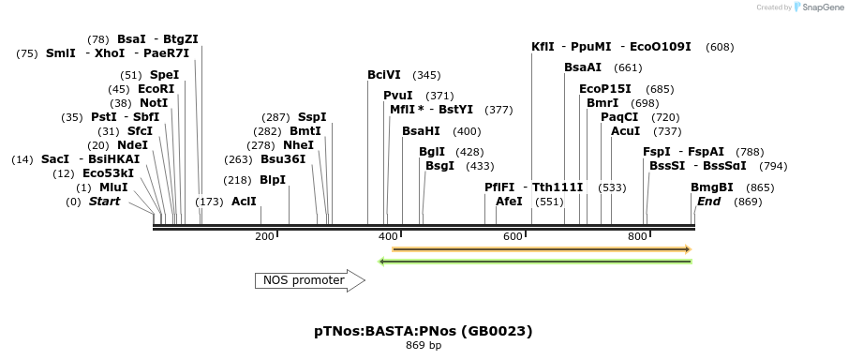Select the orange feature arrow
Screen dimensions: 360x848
click(542, 249)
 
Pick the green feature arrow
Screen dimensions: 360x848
click(535, 261)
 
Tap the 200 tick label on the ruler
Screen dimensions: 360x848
click(264, 236)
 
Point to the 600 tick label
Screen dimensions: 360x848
click(513, 236)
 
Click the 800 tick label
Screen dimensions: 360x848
click(637, 236)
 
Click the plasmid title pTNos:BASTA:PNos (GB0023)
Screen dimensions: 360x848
click(424, 331)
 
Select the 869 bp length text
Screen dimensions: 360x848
click(424, 346)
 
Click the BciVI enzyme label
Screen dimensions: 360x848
click(384, 75)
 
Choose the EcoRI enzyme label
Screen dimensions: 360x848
click(154, 88)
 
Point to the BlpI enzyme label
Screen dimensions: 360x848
click(273, 180)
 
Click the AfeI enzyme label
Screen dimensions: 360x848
click(509, 202)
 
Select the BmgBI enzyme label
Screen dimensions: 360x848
click(712, 187)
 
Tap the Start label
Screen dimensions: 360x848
click(104, 202)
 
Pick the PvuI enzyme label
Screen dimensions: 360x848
click(398, 96)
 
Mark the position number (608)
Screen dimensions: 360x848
click(721, 47)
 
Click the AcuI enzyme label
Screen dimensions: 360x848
click(626, 131)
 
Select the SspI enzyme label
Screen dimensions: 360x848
click(313, 116)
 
